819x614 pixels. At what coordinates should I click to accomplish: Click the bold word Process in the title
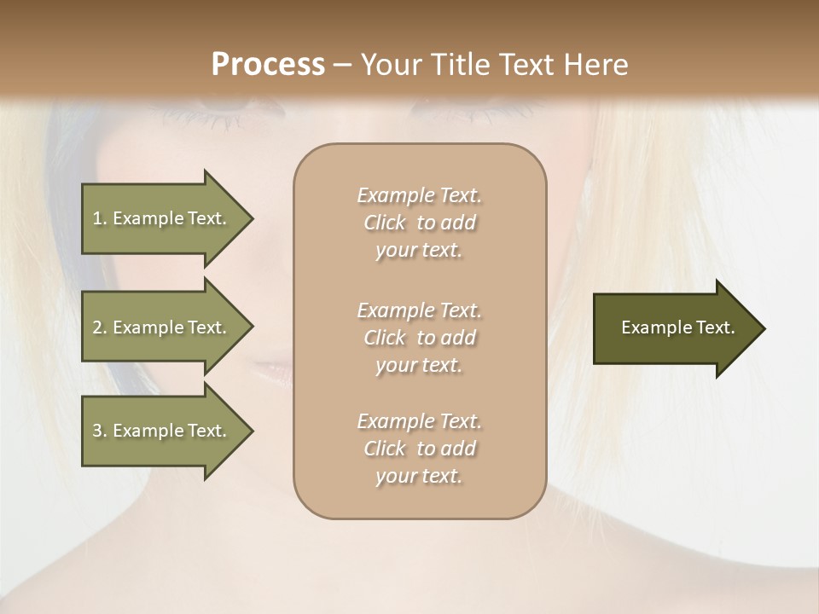268,65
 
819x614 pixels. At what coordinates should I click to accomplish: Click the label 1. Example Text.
160,218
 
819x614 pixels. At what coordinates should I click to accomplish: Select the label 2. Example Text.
160,327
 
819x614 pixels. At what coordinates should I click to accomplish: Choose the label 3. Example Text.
160,431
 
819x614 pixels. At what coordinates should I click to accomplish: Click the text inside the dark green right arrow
678,327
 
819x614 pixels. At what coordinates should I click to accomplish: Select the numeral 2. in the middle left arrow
99,327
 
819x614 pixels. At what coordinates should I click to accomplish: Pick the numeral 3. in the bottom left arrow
99,431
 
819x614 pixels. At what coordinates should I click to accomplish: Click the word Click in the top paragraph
385,223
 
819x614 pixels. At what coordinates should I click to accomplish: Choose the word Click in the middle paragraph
385,338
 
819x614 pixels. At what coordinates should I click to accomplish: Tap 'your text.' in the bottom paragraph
419,476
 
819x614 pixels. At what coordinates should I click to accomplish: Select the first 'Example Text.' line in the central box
419,195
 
